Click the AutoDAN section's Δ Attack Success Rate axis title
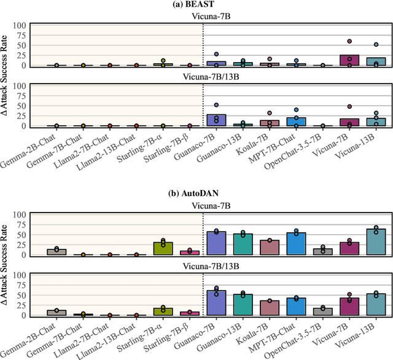[x=6, y=265]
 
